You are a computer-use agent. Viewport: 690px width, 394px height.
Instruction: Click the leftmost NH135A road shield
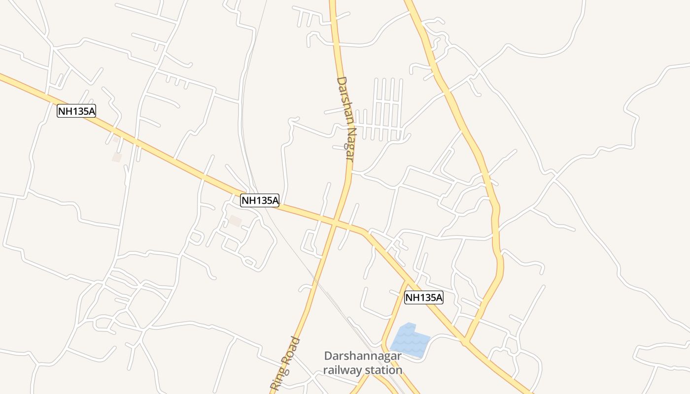tap(76, 111)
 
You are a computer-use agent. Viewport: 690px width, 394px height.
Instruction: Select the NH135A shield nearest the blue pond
tap(424, 297)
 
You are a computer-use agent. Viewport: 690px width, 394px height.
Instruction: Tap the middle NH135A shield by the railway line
tap(260, 200)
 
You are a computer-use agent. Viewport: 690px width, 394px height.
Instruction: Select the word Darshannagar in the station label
tap(363, 356)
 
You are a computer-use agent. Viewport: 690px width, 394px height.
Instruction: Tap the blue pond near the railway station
tap(409, 340)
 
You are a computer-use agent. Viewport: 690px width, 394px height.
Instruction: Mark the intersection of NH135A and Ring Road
tap(335, 223)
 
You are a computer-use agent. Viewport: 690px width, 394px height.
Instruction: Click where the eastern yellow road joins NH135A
tap(465, 341)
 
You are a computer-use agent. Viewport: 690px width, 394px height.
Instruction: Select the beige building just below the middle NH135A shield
tap(235, 221)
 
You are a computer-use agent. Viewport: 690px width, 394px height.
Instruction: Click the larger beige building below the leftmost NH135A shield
tap(117, 157)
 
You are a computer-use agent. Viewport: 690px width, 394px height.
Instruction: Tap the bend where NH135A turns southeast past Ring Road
tap(366, 232)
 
